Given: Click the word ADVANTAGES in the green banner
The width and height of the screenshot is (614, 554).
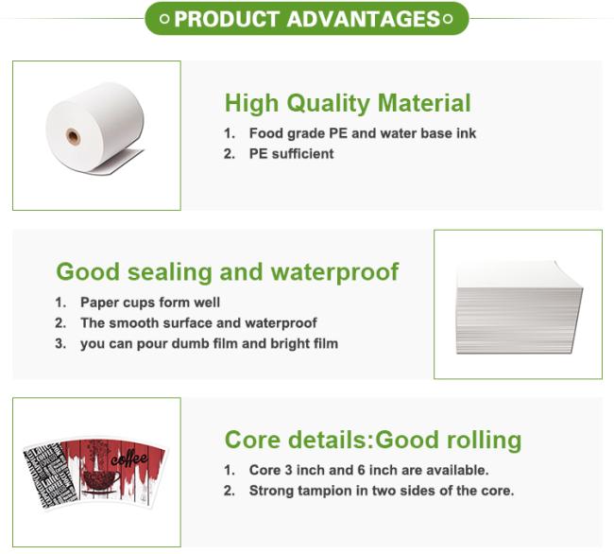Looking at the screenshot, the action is (364, 19).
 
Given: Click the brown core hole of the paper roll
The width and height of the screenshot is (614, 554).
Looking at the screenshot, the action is (74, 137).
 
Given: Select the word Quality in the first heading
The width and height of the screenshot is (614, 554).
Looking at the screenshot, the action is (328, 104).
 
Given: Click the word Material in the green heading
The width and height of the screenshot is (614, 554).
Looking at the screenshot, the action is (424, 103).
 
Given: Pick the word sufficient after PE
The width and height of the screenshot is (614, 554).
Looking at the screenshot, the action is (302, 153).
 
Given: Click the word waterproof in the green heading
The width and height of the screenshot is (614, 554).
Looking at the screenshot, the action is (334, 272).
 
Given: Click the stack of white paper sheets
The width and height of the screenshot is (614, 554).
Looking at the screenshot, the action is (520, 307).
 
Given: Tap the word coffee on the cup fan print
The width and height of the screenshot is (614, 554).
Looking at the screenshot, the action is (129, 458).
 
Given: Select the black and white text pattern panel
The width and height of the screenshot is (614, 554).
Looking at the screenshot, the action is (50, 475).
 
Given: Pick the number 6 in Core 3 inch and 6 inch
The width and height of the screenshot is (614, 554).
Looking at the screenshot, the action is (361, 470).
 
